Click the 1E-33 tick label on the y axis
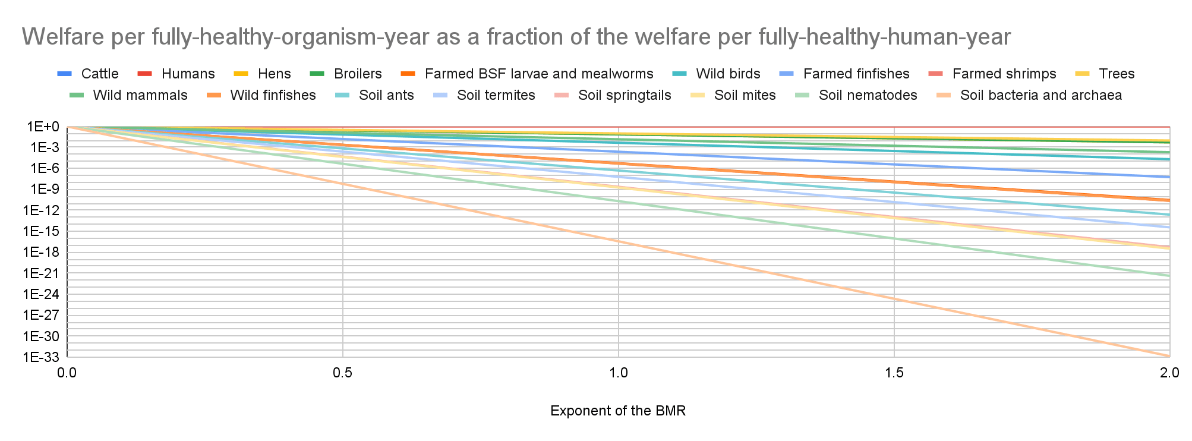pos(42,357)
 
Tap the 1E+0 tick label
pos(43,127)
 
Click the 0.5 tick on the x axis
pos(343,373)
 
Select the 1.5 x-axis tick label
pos(894,373)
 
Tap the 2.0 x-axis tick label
pos(1169,373)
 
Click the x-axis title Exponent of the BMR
pos(618,411)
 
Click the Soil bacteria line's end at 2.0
pos(1169,355)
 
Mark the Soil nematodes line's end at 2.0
pos(1169,276)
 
